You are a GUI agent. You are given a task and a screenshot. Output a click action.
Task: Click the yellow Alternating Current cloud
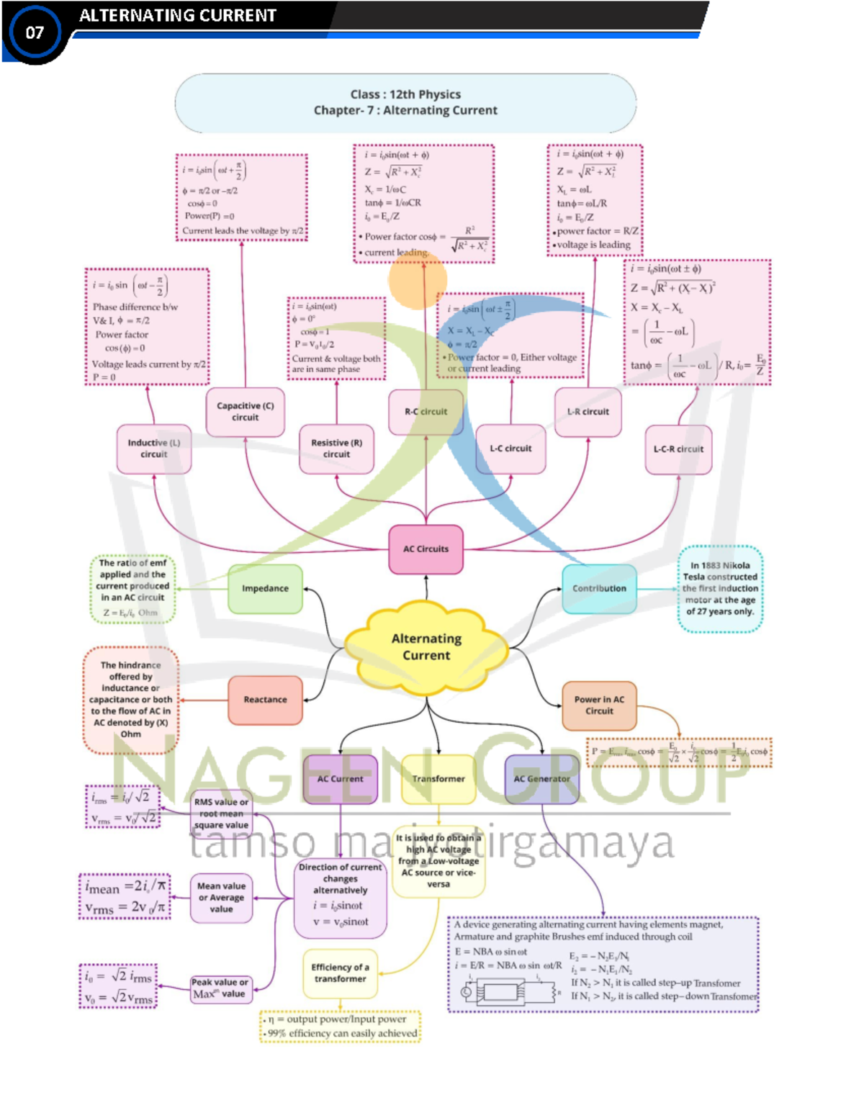pyautogui.click(x=426, y=646)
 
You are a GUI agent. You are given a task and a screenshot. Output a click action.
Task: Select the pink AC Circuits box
pyautogui.click(x=426, y=549)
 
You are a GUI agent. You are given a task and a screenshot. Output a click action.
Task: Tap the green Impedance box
pyautogui.click(x=265, y=589)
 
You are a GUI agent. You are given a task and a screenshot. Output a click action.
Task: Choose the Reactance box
pyautogui.click(x=265, y=700)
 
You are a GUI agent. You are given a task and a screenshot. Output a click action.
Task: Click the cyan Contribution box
pyautogui.click(x=599, y=589)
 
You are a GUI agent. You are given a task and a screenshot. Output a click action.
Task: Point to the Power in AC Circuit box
pyautogui.click(x=599, y=705)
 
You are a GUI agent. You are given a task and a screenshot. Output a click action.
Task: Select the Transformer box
pyautogui.click(x=438, y=779)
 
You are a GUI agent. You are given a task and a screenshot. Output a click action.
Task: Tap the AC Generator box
pyautogui.click(x=541, y=779)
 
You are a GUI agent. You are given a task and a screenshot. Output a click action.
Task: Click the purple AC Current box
pyautogui.click(x=341, y=779)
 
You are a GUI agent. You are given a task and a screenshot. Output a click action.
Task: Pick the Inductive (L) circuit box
pyautogui.click(x=154, y=448)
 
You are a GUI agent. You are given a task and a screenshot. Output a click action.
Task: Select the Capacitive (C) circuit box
pyautogui.click(x=245, y=412)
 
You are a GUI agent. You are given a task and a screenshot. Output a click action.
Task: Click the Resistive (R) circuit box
pyautogui.click(x=336, y=448)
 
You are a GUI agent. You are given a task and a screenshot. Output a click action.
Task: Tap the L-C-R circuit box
pyautogui.click(x=678, y=449)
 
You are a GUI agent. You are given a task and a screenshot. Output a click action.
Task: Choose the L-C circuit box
pyautogui.click(x=510, y=448)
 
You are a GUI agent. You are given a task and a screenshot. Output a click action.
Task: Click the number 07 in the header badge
pyautogui.click(x=35, y=32)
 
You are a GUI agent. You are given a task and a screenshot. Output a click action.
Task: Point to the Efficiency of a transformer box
pyautogui.click(x=340, y=973)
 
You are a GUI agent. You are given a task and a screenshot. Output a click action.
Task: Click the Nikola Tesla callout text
pyautogui.click(x=720, y=589)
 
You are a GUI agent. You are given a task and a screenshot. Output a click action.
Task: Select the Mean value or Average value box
pyautogui.click(x=221, y=898)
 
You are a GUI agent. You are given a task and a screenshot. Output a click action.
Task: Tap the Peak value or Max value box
pyautogui.click(x=220, y=988)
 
